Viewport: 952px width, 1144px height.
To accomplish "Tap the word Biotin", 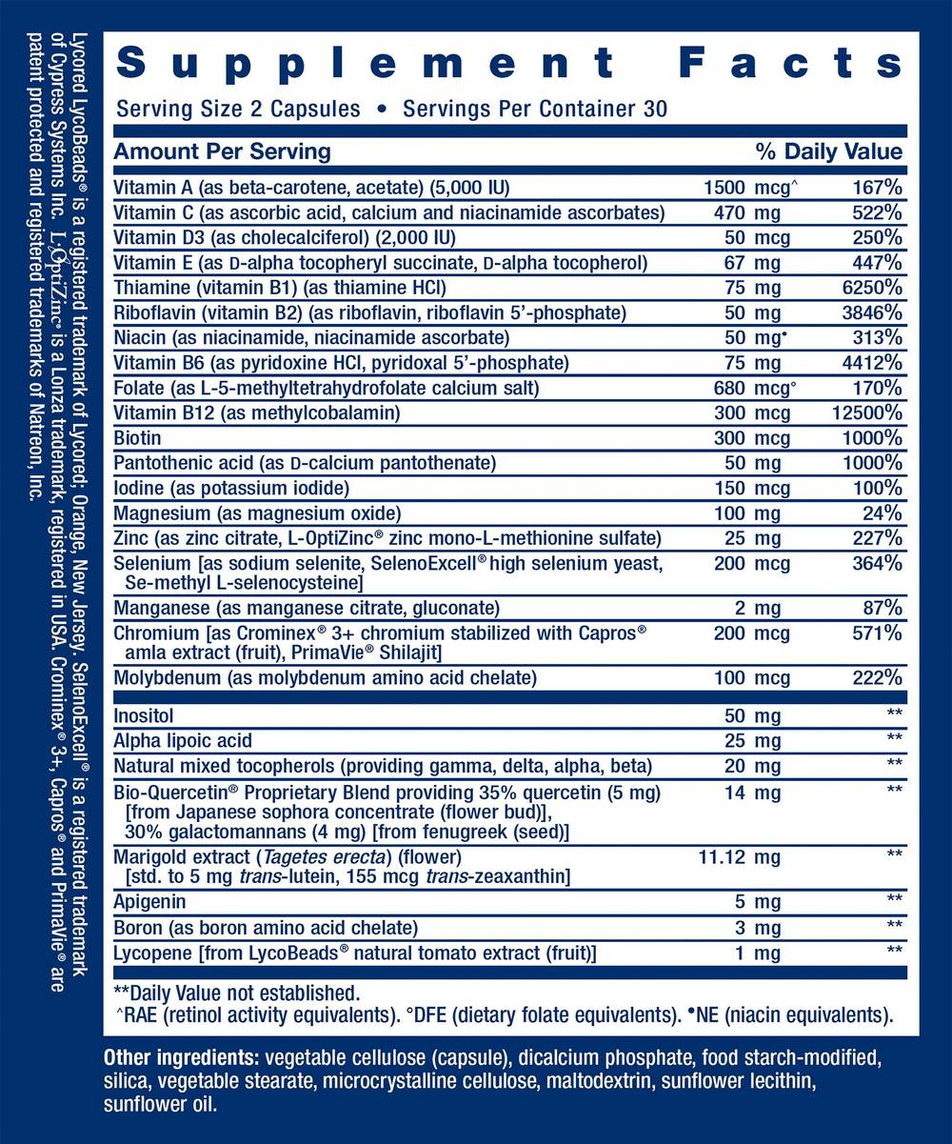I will click(137, 438).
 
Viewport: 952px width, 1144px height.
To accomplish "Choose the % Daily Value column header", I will click(828, 151).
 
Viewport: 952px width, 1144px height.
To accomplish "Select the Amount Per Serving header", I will click(222, 151).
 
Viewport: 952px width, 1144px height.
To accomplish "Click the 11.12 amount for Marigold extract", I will click(724, 857).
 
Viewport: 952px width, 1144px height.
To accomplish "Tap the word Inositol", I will click(144, 714).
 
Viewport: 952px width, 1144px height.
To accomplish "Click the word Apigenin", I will click(149, 901).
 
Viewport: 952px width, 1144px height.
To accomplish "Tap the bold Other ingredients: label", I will click(181, 1059).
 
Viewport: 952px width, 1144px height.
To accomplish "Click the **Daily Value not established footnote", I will click(236, 992).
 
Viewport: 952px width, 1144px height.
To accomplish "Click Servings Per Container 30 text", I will click(535, 109).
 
